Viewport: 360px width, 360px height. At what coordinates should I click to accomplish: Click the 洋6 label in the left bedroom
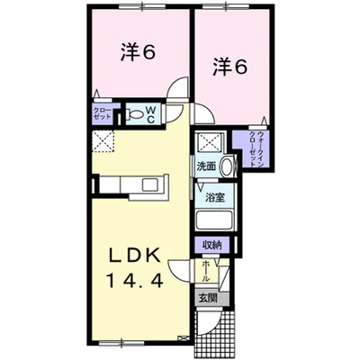[x=138, y=53]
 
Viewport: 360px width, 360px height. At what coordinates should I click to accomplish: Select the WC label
[x=150, y=114]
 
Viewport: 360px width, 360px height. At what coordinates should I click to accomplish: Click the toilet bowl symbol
[x=133, y=114]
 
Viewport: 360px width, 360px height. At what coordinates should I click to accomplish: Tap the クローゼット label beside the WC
[x=103, y=114]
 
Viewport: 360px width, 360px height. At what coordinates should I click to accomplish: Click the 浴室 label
[x=214, y=197]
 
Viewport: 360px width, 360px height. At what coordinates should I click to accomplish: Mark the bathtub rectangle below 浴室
[x=214, y=222]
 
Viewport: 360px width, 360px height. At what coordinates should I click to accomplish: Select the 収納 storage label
[x=211, y=244]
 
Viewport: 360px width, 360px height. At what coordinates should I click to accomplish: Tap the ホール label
[x=207, y=269]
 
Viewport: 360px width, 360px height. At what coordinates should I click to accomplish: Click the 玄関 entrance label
[x=209, y=298]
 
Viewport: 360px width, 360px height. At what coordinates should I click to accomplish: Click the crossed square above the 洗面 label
[x=212, y=139]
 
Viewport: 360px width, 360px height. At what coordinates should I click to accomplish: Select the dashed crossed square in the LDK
[x=103, y=141]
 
